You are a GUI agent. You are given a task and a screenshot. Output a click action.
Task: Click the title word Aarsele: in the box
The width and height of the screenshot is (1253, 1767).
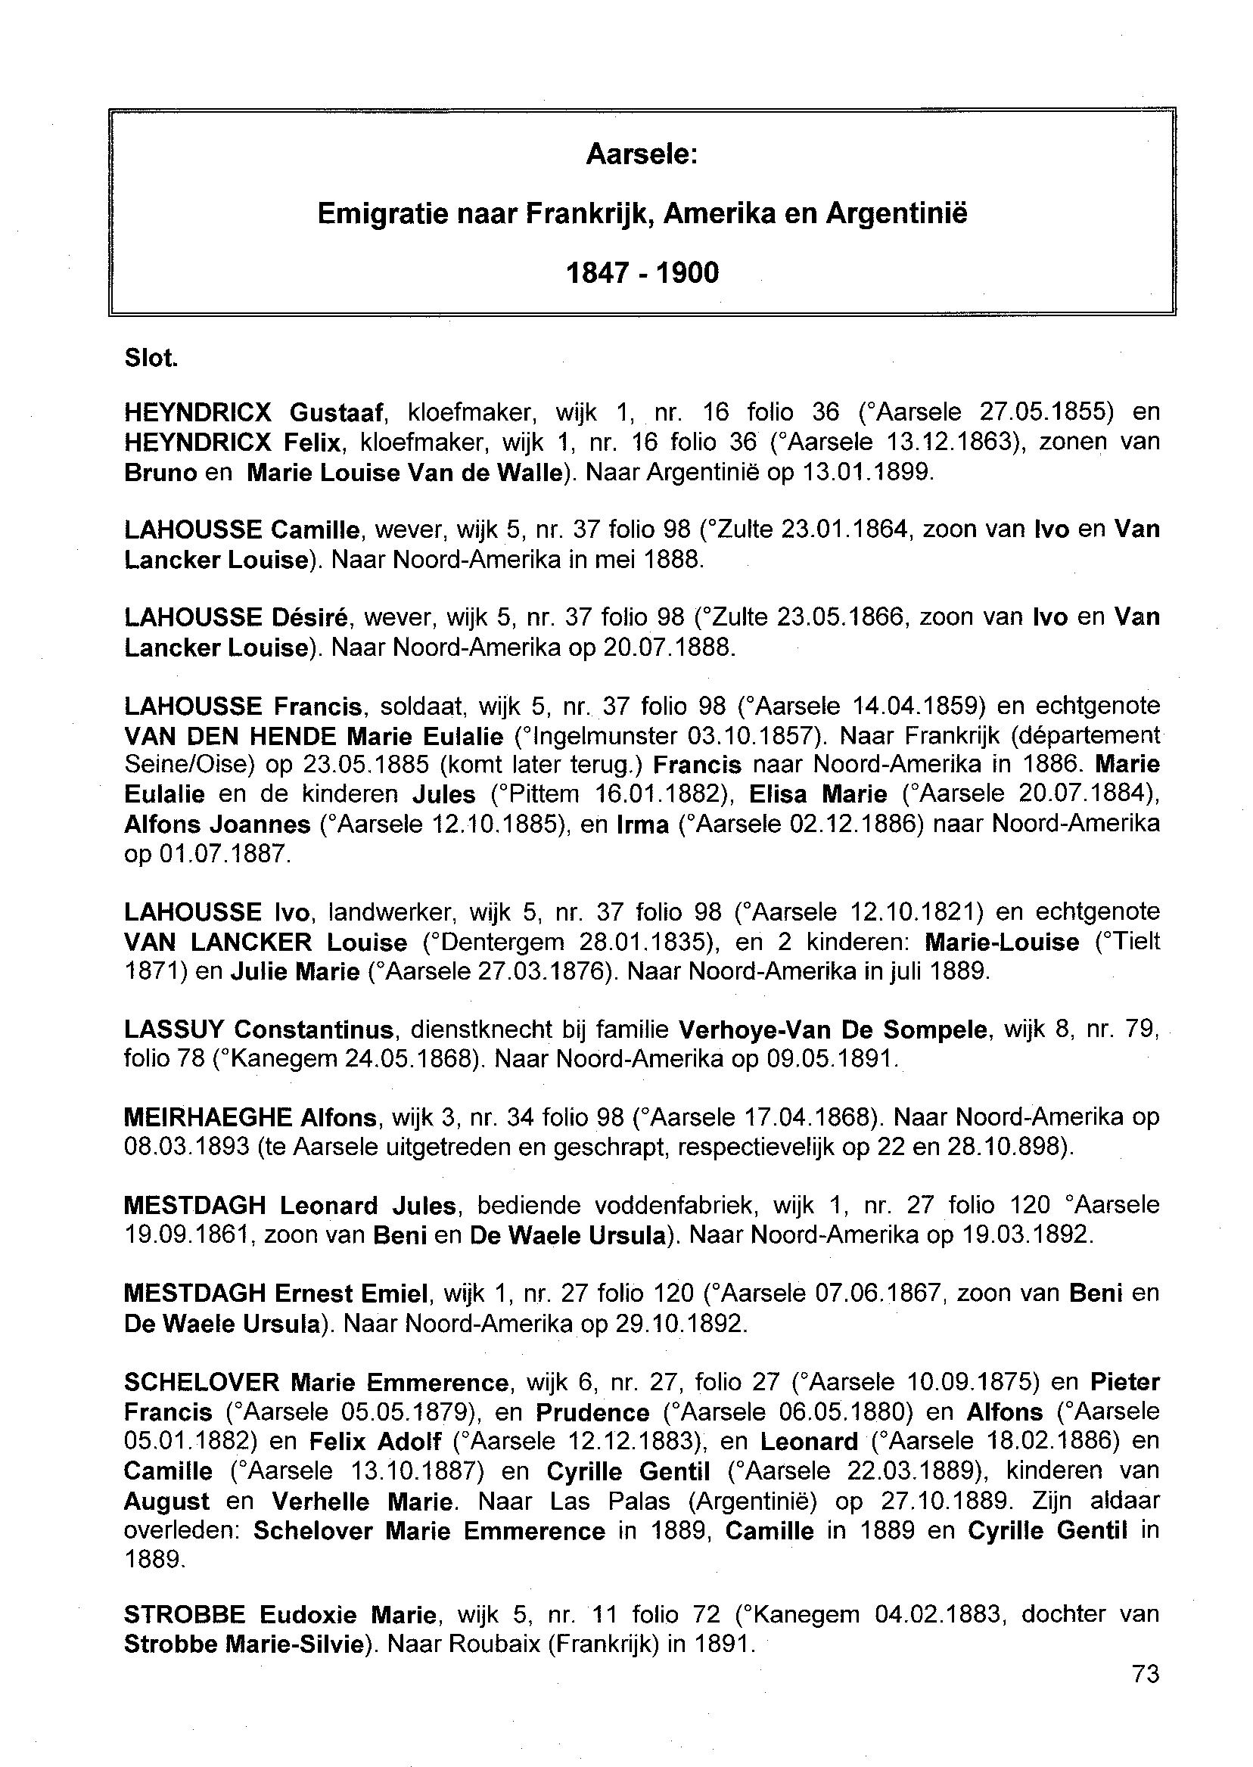click(641, 155)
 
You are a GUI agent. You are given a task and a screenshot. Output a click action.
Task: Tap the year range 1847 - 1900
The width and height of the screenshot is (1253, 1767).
click(642, 273)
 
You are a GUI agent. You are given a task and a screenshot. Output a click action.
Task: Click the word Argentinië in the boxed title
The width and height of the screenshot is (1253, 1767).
click(896, 213)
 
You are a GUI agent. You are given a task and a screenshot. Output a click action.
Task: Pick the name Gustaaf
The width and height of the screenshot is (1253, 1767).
click(336, 413)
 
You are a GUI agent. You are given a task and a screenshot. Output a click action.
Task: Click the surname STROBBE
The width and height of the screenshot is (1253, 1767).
click(185, 1614)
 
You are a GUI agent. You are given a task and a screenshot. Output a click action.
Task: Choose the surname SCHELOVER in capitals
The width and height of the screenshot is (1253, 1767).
click(202, 1382)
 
